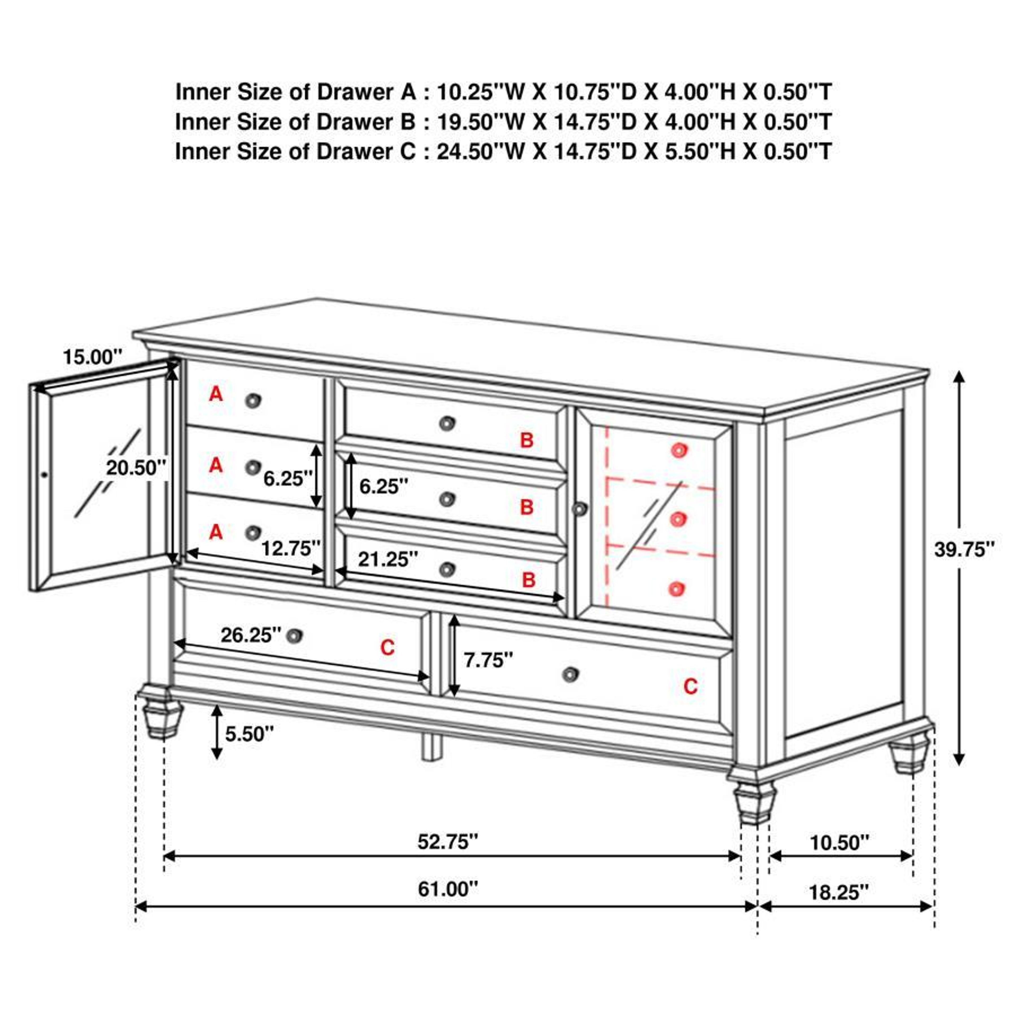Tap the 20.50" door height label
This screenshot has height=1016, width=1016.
pyautogui.click(x=136, y=468)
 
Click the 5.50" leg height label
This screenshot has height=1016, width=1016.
pyautogui.click(x=249, y=734)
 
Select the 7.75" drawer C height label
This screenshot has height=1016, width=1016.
pyautogui.click(x=487, y=660)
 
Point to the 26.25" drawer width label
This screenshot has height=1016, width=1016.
pyautogui.click(x=251, y=635)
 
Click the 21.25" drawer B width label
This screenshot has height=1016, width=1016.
pyautogui.click(x=388, y=559)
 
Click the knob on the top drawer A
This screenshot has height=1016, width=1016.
pyautogui.click(x=253, y=401)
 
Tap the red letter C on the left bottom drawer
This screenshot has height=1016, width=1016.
pyautogui.click(x=388, y=647)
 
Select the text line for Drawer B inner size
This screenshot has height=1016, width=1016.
pyautogui.click(x=503, y=122)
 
